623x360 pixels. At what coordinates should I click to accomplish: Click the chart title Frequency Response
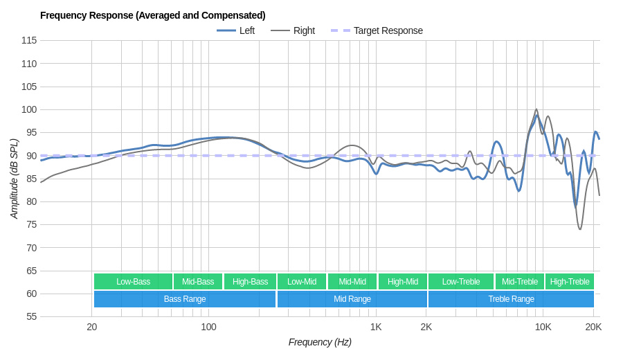click(x=152, y=15)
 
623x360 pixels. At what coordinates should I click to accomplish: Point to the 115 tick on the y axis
click(x=29, y=40)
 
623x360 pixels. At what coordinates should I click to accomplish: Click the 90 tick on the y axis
click(x=31, y=156)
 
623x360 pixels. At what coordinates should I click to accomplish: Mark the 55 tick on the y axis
click(x=31, y=316)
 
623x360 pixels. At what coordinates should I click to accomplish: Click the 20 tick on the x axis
click(x=91, y=327)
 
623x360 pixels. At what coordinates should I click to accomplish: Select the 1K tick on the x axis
click(x=376, y=327)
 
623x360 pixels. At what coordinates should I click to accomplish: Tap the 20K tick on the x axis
click(x=593, y=327)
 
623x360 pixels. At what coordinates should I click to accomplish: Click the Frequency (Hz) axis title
click(x=320, y=342)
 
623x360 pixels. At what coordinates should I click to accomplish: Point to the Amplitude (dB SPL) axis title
click(x=14, y=179)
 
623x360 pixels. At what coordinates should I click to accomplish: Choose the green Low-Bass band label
click(x=133, y=281)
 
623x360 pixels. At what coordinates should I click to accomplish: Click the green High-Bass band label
click(x=250, y=281)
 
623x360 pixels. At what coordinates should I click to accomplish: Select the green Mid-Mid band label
click(x=352, y=281)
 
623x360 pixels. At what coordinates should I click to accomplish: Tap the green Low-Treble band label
click(x=460, y=281)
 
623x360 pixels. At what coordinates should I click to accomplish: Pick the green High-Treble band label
click(x=570, y=281)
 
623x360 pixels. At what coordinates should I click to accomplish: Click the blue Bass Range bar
click(x=185, y=299)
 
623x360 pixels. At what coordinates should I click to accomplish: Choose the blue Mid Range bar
click(x=352, y=299)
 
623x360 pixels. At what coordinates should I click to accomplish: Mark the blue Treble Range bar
click(x=511, y=299)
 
